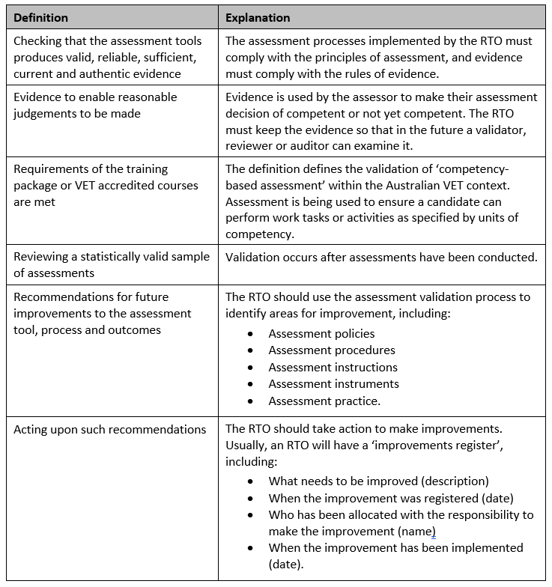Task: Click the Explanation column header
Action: [258, 17]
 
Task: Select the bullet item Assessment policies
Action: [321, 334]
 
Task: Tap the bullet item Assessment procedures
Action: [332, 350]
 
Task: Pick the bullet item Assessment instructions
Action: [333, 367]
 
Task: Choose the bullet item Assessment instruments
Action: [333, 383]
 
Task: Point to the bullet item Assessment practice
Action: [324, 401]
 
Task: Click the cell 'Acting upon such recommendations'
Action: [109, 430]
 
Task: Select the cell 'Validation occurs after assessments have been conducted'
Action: [381, 258]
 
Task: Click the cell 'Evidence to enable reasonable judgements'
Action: [95, 105]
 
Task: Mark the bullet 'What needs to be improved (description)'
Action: [378, 481]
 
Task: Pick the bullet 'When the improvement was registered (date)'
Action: [390, 498]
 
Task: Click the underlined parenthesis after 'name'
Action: [433, 532]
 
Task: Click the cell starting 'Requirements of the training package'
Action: [106, 185]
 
